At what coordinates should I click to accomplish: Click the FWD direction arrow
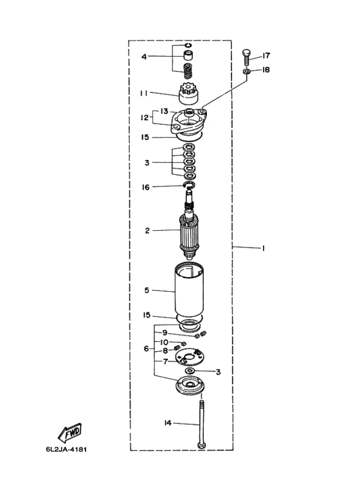70,433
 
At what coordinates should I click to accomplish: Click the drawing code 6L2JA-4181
66,449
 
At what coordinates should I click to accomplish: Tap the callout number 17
266,55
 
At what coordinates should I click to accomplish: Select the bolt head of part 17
247,53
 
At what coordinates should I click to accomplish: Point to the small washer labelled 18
247,71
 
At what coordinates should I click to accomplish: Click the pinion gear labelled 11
188,94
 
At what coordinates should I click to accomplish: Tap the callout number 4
144,57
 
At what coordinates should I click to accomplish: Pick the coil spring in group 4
189,71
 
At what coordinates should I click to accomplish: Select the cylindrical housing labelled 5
189,291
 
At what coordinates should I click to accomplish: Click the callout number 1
263,248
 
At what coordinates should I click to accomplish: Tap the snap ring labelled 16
189,185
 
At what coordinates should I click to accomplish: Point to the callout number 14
168,423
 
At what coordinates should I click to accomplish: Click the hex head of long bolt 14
201,446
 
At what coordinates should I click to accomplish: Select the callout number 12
145,117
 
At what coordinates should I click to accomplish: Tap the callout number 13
164,111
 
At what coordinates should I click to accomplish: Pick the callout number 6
146,348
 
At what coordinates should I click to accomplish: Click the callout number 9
165,333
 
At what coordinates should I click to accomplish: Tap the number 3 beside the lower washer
218,372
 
